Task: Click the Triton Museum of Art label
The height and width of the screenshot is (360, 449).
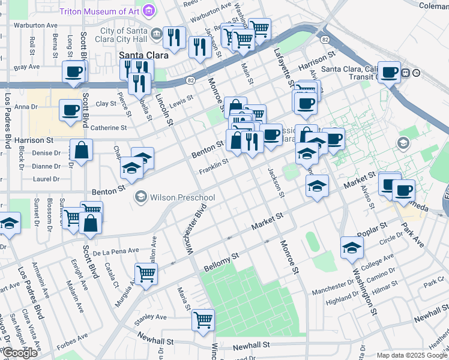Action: point(99,11)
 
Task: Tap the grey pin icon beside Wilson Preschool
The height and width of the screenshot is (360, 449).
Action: point(141,196)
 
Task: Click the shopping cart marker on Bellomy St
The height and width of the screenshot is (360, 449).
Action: point(146,274)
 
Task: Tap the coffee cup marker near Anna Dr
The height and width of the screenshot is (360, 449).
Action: point(70,110)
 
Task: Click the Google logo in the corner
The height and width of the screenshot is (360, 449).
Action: point(20,353)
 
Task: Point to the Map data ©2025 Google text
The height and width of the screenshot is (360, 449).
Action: point(412,355)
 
